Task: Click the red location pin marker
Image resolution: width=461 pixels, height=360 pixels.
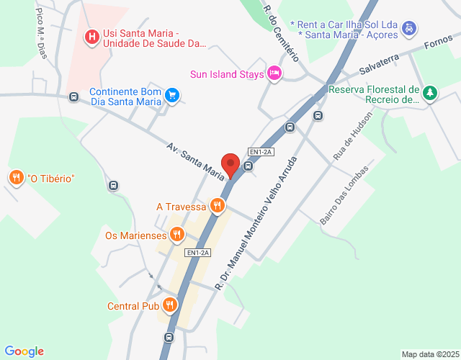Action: [x=230, y=165]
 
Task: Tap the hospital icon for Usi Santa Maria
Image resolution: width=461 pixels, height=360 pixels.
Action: [x=92, y=36]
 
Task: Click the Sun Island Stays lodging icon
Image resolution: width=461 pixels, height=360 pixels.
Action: [x=274, y=73]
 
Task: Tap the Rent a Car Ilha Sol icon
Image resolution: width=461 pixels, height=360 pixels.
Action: [x=408, y=28]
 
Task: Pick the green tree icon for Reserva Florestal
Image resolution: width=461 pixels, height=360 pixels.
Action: [x=430, y=93]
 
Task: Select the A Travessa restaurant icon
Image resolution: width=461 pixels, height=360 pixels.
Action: [x=217, y=207]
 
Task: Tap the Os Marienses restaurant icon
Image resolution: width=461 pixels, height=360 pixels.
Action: [x=176, y=234]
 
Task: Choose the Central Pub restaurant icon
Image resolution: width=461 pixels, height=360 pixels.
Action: [x=170, y=305]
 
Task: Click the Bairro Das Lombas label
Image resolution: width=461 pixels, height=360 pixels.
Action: [x=344, y=197]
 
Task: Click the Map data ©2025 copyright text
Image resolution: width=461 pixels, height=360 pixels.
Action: [x=430, y=354]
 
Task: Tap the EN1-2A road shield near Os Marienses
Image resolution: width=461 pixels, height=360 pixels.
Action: [x=197, y=253]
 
